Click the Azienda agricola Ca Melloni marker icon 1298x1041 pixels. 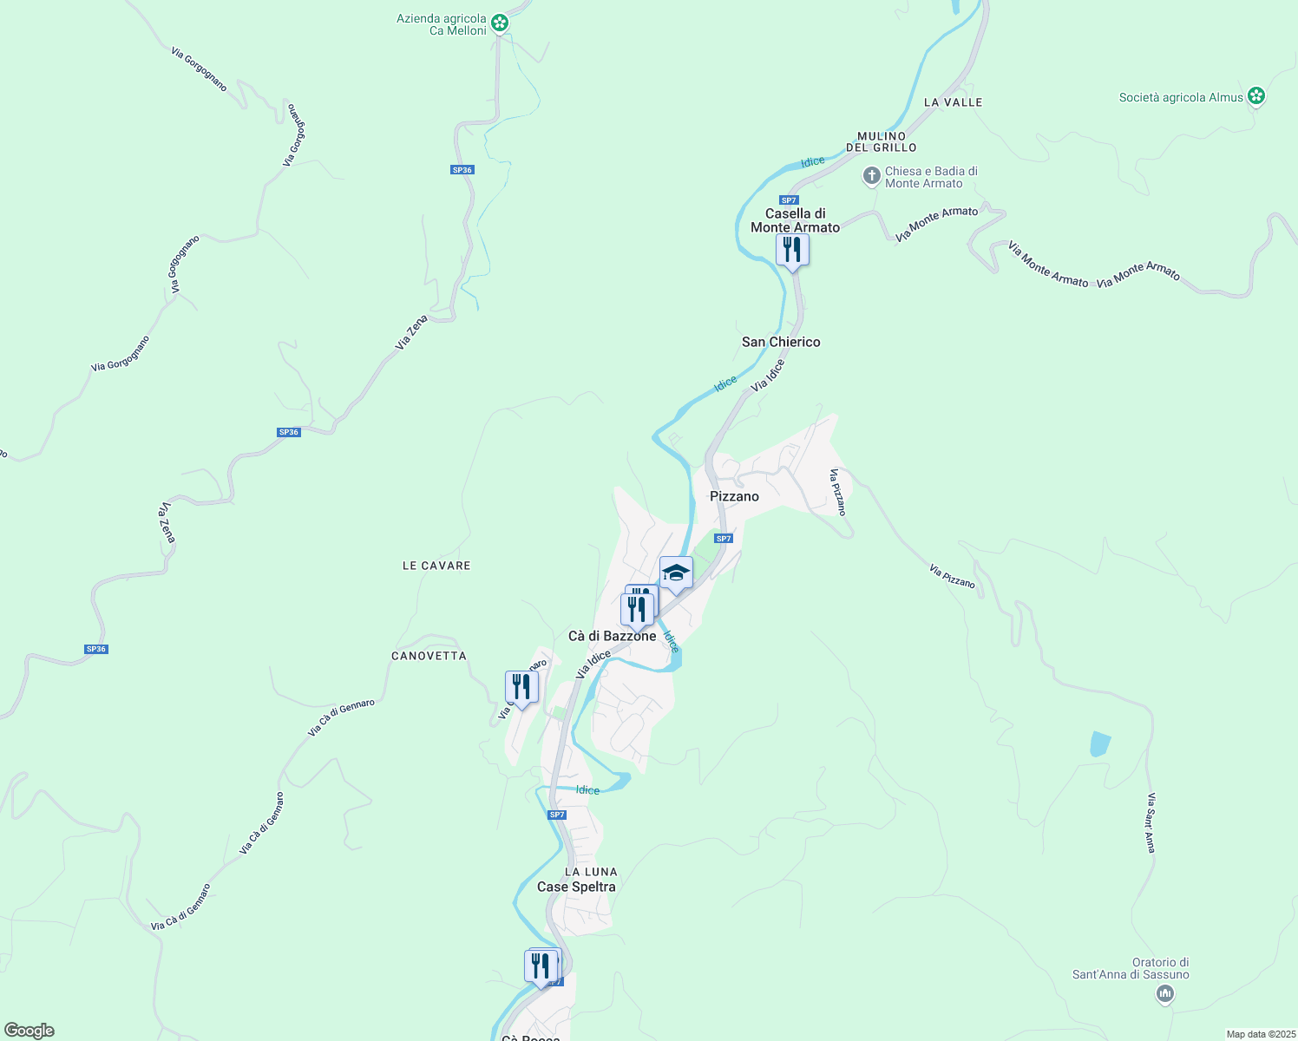click(500, 23)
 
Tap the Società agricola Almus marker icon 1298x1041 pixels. click(1255, 96)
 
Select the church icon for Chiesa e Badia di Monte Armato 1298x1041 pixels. click(872, 177)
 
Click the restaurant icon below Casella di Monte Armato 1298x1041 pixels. click(792, 250)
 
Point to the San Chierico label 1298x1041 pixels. click(781, 342)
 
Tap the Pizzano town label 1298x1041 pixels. click(734, 496)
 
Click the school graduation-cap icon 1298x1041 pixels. click(676, 573)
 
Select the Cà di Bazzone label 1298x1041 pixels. click(612, 636)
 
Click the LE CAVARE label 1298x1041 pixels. click(436, 566)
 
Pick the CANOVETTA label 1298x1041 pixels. click(429, 656)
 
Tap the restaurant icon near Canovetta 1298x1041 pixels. click(521, 687)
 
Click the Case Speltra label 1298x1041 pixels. click(576, 887)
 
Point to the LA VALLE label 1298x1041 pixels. click(953, 102)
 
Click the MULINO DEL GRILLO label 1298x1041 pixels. click(882, 141)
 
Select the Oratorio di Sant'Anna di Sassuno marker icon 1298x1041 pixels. click(1165, 994)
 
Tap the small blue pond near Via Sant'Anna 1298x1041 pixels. click(1099, 744)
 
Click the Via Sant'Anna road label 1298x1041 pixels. click(1150, 822)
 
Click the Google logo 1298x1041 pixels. click(29, 1031)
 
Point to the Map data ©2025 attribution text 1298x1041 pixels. click(1260, 1034)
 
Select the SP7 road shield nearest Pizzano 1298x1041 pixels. click(724, 539)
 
